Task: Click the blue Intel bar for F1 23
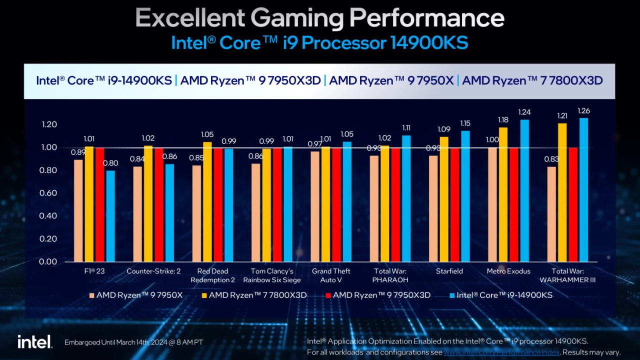[x=110, y=216]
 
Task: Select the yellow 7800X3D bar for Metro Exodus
[x=503, y=194]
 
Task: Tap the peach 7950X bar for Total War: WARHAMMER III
[x=551, y=214]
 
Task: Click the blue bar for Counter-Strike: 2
[x=169, y=212]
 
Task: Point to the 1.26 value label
[x=583, y=110]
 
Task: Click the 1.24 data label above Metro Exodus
[x=524, y=112]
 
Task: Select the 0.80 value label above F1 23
[x=110, y=163]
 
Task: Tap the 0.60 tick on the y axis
[x=48, y=193]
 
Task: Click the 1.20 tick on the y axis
[x=48, y=124]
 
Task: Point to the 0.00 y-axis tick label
[x=48, y=261]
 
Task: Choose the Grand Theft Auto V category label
[x=331, y=275]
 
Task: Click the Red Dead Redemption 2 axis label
[x=212, y=275]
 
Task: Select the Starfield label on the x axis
[x=449, y=271]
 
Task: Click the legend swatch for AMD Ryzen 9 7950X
[x=91, y=295]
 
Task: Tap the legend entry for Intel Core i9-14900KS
[x=504, y=295]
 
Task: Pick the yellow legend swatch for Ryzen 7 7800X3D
[x=204, y=295]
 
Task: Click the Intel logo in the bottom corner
[x=34, y=342]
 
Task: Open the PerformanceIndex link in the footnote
[x=501, y=352]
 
